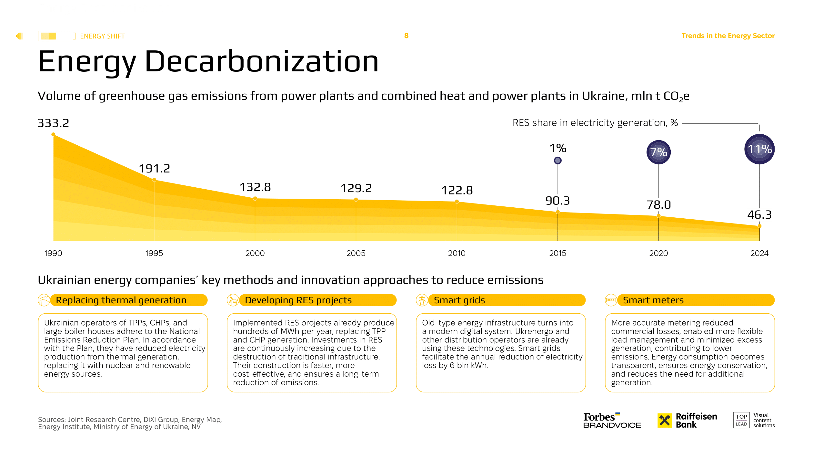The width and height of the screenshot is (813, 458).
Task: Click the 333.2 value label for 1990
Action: click(x=53, y=123)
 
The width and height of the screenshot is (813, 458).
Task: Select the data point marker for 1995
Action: click(x=154, y=180)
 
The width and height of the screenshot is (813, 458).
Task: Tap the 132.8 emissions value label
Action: click(x=255, y=187)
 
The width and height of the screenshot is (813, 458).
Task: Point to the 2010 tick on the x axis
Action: click(x=457, y=253)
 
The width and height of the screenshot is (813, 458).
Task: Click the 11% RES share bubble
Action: click(x=759, y=149)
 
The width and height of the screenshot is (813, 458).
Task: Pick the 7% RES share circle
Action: click(x=658, y=152)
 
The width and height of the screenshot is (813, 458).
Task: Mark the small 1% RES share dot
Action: click(x=557, y=161)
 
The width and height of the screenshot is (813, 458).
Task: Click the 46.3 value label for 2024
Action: click(x=759, y=215)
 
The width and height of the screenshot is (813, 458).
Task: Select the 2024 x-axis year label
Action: click(x=759, y=253)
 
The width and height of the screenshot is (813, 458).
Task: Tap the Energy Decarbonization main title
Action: click(x=208, y=61)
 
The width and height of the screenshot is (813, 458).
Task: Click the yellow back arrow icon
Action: click(x=19, y=36)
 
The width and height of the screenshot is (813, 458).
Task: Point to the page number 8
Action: click(x=406, y=36)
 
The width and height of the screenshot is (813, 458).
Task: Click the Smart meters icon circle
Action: click(x=611, y=300)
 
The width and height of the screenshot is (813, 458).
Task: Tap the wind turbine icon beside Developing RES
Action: click(x=233, y=300)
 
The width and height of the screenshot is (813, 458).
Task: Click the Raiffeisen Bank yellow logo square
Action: click(x=665, y=421)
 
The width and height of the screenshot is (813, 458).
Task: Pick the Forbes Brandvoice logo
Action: click(x=612, y=421)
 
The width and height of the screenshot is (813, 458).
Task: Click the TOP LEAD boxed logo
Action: click(x=741, y=420)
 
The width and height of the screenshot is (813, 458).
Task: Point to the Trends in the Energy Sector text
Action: click(x=728, y=36)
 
